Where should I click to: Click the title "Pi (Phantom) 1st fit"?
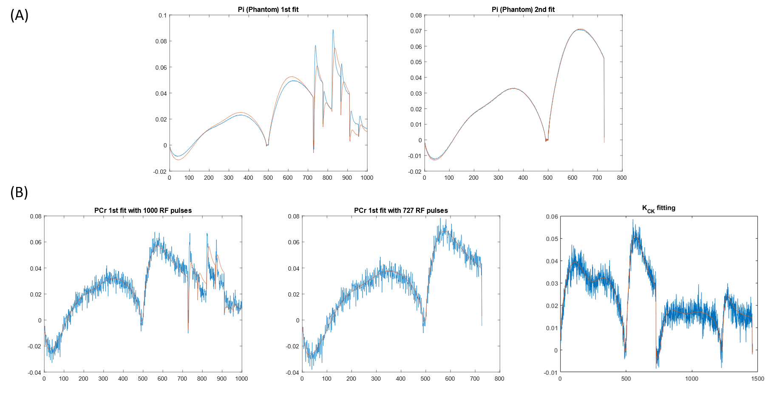click(268, 9)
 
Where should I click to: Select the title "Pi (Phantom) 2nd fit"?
click(523, 9)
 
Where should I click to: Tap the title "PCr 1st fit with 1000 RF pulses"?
click(143, 210)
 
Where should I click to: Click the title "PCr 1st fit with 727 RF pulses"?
click(401, 210)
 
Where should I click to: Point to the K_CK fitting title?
click(658, 208)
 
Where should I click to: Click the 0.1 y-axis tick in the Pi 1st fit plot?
click(163, 15)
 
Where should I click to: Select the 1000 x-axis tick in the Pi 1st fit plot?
click(367, 178)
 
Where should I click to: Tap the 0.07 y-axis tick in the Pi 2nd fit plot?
click(416, 31)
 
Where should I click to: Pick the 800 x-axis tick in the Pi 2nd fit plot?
click(622, 178)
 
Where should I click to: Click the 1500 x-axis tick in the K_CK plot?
click(757, 379)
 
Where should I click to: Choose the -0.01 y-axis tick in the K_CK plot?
click(551, 373)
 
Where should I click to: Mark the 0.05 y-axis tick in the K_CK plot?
click(552, 239)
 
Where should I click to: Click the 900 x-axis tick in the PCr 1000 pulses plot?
click(222, 379)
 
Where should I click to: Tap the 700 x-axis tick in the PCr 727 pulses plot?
click(475, 379)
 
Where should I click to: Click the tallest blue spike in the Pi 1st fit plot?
click(333, 30)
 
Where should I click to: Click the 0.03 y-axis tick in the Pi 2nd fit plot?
click(416, 93)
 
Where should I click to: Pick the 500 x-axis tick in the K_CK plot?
click(626, 379)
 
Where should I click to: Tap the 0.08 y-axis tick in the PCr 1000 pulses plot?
click(36, 216)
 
